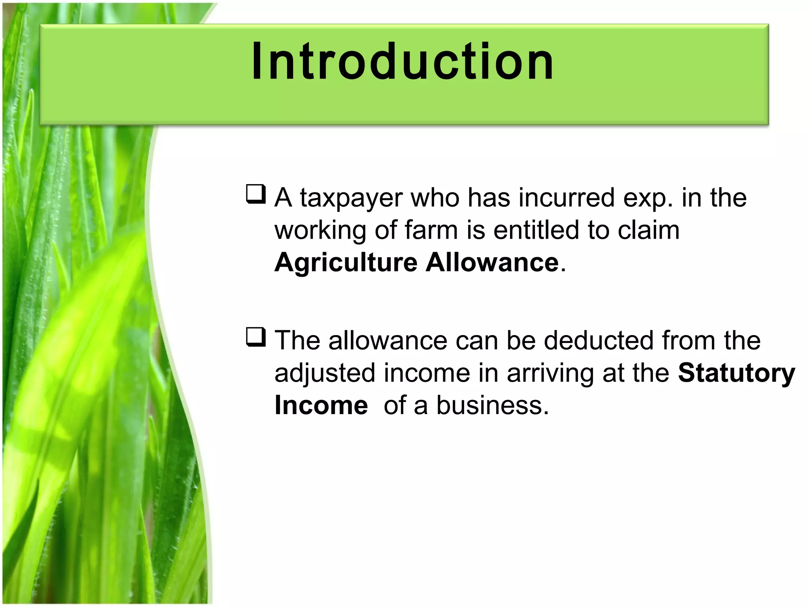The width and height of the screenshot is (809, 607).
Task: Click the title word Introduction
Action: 403,62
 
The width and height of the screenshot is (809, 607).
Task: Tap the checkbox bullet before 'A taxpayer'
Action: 255,194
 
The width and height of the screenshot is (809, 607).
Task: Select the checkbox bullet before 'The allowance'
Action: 255,337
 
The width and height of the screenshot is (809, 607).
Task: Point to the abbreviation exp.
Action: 648,198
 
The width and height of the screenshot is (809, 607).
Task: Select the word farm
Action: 431,230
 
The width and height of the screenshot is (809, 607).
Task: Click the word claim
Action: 648,230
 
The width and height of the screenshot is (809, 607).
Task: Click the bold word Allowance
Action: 492,262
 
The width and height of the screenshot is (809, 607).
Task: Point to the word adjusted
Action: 324,373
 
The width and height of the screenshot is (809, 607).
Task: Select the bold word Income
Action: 321,405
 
